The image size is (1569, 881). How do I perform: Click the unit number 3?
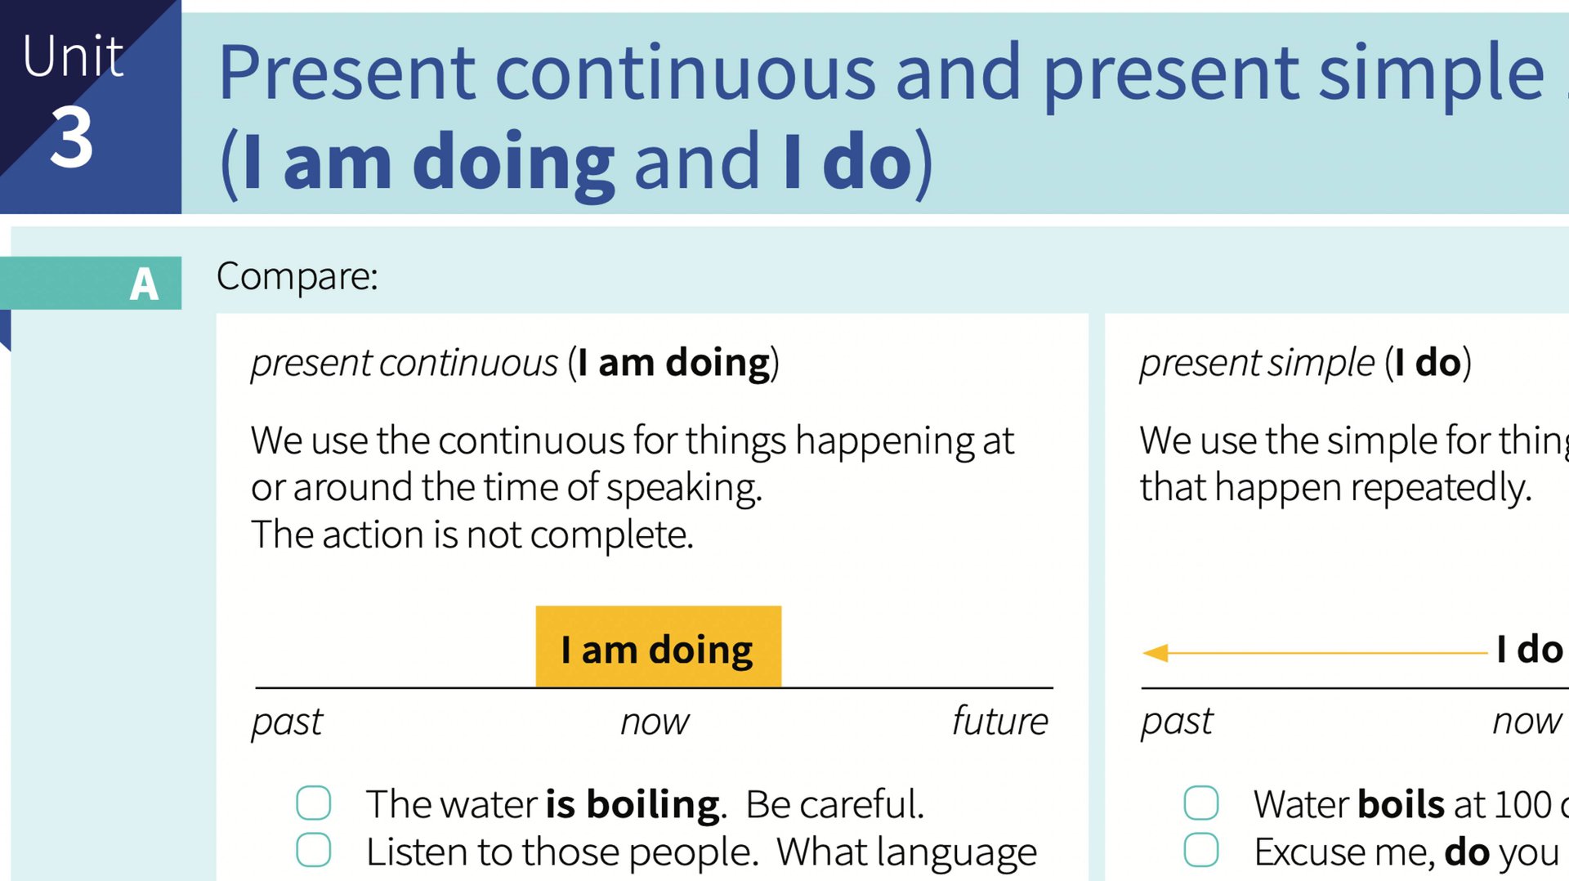72,137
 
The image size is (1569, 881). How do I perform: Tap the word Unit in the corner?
73,57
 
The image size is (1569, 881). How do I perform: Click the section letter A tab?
144,284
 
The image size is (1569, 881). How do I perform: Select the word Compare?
297,276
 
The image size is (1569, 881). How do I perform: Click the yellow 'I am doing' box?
658,646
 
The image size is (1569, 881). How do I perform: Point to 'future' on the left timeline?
999,721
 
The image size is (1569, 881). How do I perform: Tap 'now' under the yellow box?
655,721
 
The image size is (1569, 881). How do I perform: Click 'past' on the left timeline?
287,721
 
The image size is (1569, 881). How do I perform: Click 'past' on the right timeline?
1177,721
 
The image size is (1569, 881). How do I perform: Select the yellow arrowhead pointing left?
1156,652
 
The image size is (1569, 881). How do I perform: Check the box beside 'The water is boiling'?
314,803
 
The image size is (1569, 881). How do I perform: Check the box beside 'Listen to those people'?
314,850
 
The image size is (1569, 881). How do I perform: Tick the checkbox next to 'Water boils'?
1200,803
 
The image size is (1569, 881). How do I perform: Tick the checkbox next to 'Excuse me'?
1200,850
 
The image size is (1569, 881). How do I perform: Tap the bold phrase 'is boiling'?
633,804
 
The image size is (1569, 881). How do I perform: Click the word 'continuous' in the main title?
686,74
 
